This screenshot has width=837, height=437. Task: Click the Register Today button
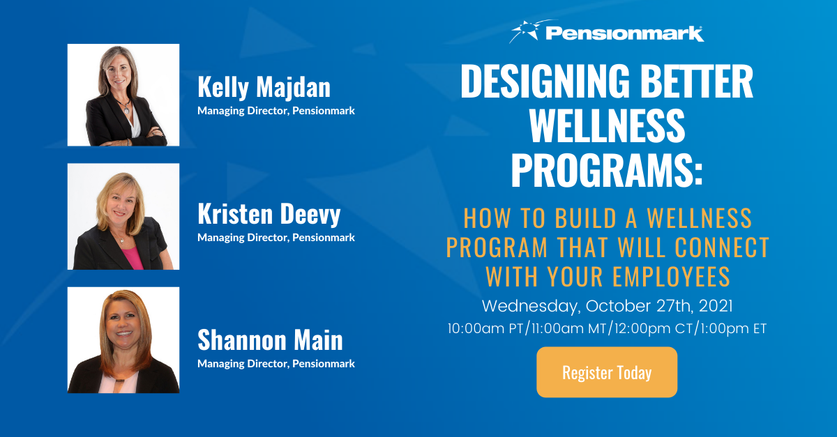coord(606,372)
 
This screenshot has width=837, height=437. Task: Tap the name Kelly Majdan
coord(264,87)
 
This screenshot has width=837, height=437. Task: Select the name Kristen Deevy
coord(269,214)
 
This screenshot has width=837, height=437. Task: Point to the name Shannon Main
coord(270,340)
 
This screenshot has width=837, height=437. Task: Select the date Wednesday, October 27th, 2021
coord(606,306)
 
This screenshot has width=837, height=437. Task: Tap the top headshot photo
coord(123,95)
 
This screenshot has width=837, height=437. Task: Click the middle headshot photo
coord(123,217)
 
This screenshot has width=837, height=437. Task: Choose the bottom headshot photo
coord(123,340)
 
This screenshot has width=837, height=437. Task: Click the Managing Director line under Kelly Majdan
coord(276,111)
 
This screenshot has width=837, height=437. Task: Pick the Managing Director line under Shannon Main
coord(276,363)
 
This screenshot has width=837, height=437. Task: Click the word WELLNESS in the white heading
coord(606,127)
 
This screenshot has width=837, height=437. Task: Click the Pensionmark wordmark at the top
coord(624,33)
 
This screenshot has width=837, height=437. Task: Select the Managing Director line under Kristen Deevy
coord(276,238)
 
